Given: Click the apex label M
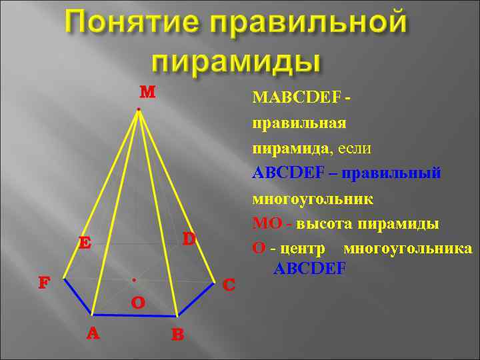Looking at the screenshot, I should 147,91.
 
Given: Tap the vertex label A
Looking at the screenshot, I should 93,333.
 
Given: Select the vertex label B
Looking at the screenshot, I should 177,335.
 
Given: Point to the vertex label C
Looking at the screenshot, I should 229,285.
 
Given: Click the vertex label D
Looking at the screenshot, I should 189,238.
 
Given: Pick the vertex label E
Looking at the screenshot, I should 85,243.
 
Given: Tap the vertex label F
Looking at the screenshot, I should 44,283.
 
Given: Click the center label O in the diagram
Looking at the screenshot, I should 138,303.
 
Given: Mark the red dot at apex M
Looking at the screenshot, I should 137,109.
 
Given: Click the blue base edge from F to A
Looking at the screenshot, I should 78,296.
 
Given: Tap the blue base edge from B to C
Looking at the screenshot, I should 196,297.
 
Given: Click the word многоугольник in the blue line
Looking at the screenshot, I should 313,199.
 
